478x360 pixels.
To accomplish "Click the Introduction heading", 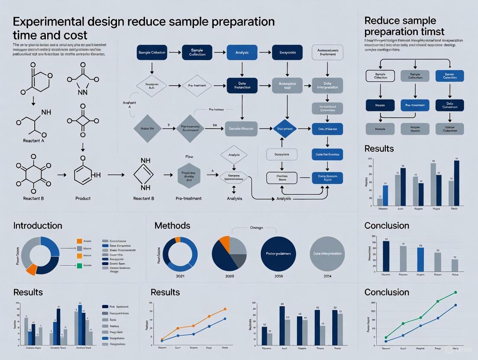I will [38, 225].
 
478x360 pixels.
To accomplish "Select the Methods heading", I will [172, 225].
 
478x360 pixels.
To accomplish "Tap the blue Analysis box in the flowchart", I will [242, 52].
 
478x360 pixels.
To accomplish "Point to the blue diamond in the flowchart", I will [284, 129].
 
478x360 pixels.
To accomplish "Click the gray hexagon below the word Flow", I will [190, 176].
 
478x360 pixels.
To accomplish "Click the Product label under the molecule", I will [83, 198].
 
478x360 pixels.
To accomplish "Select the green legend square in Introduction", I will [79, 265].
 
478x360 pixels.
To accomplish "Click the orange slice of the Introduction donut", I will [31, 269].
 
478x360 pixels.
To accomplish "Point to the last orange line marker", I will [225, 309].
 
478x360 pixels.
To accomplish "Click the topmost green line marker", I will [455, 292].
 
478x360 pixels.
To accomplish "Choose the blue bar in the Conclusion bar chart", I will [420, 259].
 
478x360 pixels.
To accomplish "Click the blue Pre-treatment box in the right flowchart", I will [415, 105].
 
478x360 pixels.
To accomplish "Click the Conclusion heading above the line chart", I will [387, 292].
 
